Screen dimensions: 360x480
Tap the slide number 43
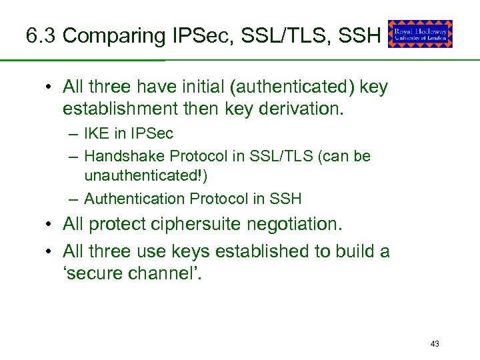click(435, 344)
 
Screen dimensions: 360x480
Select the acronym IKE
click(97, 133)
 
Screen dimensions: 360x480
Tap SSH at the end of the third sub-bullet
click(288, 199)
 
